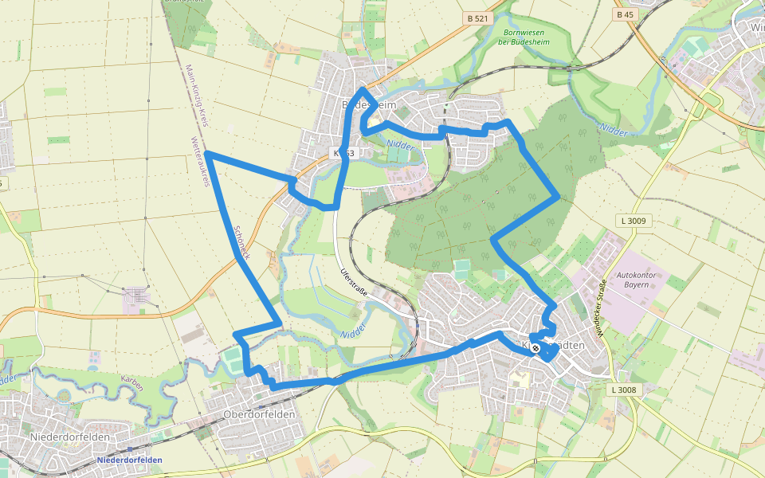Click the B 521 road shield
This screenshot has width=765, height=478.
pos(477,18)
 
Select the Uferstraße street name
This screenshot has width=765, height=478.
pos(353,282)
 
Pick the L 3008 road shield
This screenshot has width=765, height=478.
pos(624,390)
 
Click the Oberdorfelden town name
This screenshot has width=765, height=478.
pos(259,414)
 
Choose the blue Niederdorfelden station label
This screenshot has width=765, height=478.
pos(128,460)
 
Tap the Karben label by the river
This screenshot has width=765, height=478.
pos(131,383)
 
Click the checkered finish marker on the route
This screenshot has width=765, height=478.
pos(536,347)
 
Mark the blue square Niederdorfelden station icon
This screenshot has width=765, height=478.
pos(129,450)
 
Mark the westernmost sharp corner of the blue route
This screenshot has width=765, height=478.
pos(206,152)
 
